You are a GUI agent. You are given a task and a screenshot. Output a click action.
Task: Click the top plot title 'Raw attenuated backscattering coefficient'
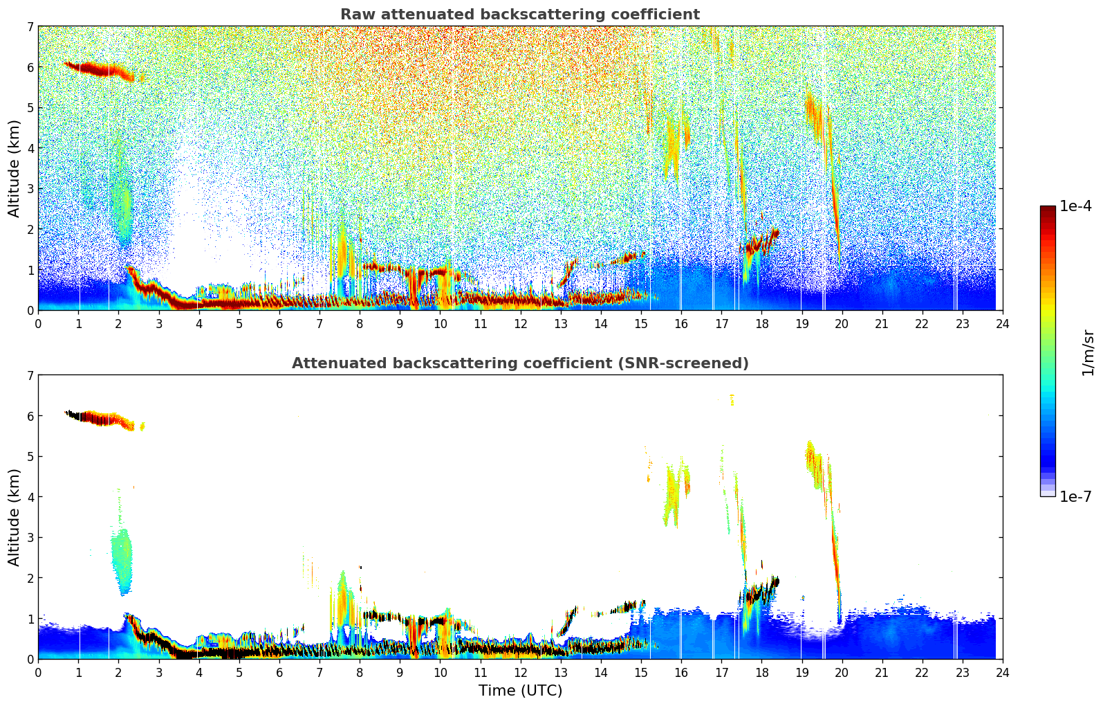pyautogui.click(x=520, y=15)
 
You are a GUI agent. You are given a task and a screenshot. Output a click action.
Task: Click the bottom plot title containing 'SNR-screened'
pyautogui.click(x=520, y=363)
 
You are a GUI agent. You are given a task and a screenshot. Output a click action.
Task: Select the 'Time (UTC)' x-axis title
pyautogui.click(x=520, y=690)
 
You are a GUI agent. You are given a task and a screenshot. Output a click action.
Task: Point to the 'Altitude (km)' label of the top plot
pyautogui.click(x=15, y=168)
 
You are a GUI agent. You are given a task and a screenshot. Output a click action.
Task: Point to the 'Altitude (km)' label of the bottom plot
pyautogui.click(x=15, y=517)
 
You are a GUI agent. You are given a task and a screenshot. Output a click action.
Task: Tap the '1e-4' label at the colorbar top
pyautogui.click(x=1075, y=206)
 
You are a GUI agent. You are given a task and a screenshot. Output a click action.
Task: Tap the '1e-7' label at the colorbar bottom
pyautogui.click(x=1075, y=496)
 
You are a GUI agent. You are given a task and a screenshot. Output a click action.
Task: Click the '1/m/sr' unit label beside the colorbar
pyautogui.click(x=1088, y=352)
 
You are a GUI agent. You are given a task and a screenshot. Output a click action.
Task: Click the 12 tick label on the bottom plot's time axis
pyautogui.click(x=520, y=673)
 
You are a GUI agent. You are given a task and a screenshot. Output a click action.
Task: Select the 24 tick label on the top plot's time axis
pyautogui.click(x=1003, y=324)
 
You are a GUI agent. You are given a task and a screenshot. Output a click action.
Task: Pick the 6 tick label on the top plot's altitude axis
pyautogui.click(x=30, y=67)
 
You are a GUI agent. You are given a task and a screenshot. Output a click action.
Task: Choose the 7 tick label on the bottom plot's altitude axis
pyautogui.click(x=30, y=376)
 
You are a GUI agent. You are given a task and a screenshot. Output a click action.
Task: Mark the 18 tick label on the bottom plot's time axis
pyautogui.click(x=761, y=673)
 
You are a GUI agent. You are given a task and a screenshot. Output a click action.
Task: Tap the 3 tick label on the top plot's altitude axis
pyautogui.click(x=30, y=189)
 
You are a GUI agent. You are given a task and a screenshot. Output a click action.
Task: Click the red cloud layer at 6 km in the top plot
pyautogui.click(x=97, y=69)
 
